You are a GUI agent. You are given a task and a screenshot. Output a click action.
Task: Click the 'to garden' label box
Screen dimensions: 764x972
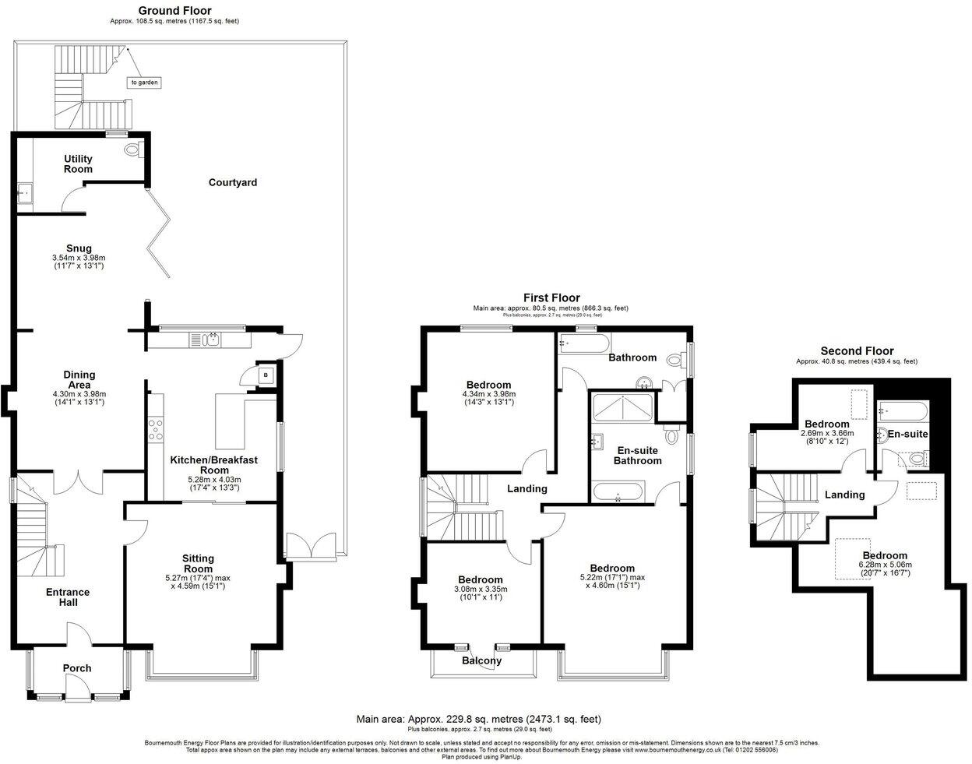pos(145,82)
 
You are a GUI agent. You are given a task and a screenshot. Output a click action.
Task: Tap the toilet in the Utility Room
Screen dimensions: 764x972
pos(131,150)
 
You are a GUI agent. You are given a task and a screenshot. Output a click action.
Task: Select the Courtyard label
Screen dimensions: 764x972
pos(232,182)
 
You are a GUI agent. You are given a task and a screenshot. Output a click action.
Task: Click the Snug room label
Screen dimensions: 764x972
pos(78,249)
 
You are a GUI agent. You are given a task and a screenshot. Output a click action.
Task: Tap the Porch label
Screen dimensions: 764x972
pos(77,668)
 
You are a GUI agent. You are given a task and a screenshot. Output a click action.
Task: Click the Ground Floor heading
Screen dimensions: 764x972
pos(174,11)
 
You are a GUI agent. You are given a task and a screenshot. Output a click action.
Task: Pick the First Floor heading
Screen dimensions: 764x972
pos(551,298)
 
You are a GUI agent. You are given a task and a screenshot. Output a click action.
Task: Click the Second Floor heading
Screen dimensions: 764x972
pos(857,351)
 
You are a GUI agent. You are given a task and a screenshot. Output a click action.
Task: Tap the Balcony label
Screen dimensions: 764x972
pos(481,661)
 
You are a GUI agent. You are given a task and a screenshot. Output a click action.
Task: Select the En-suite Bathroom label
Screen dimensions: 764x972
pos(637,456)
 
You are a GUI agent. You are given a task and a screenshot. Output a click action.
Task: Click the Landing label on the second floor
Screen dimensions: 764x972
pos(844,495)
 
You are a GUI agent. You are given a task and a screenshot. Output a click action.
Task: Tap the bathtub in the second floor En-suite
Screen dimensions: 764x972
pos(902,410)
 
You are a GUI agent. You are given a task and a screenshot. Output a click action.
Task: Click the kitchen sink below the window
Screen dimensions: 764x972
pos(210,340)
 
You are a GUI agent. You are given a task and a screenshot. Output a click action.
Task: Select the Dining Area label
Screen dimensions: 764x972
pos(78,379)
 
